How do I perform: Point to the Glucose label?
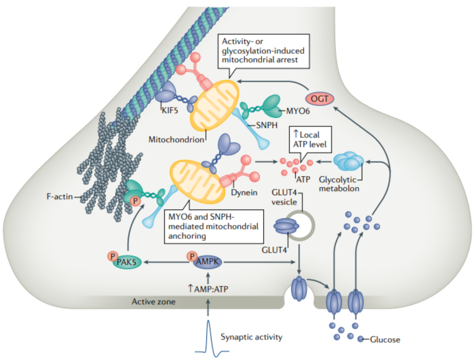point(385,340)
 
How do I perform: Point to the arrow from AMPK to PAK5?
point(167,262)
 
